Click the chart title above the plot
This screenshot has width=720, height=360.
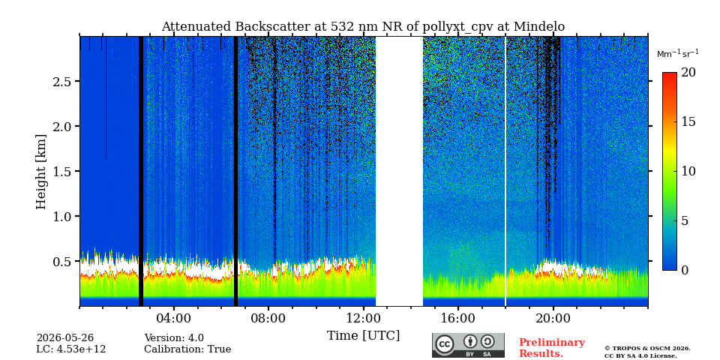click(x=363, y=27)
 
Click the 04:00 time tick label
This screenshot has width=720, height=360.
click(x=173, y=318)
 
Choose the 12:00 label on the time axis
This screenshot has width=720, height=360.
click(x=363, y=318)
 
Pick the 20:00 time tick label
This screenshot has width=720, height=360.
click(x=553, y=318)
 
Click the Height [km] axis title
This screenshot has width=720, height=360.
click(x=41, y=172)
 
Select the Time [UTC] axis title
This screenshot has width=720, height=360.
click(x=363, y=336)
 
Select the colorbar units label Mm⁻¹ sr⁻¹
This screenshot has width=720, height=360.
click(x=678, y=54)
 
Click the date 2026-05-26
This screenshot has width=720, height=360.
click(x=65, y=338)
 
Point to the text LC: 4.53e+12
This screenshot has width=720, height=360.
click(x=71, y=349)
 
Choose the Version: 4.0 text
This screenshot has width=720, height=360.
click(x=174, y=338)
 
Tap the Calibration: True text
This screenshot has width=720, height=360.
click(x=187, y=349)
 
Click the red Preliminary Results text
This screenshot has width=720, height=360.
click(x=551, y=348)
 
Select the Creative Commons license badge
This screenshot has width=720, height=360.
click(x=468, y=345)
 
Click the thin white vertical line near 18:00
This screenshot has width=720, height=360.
click(x=505, y=171)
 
